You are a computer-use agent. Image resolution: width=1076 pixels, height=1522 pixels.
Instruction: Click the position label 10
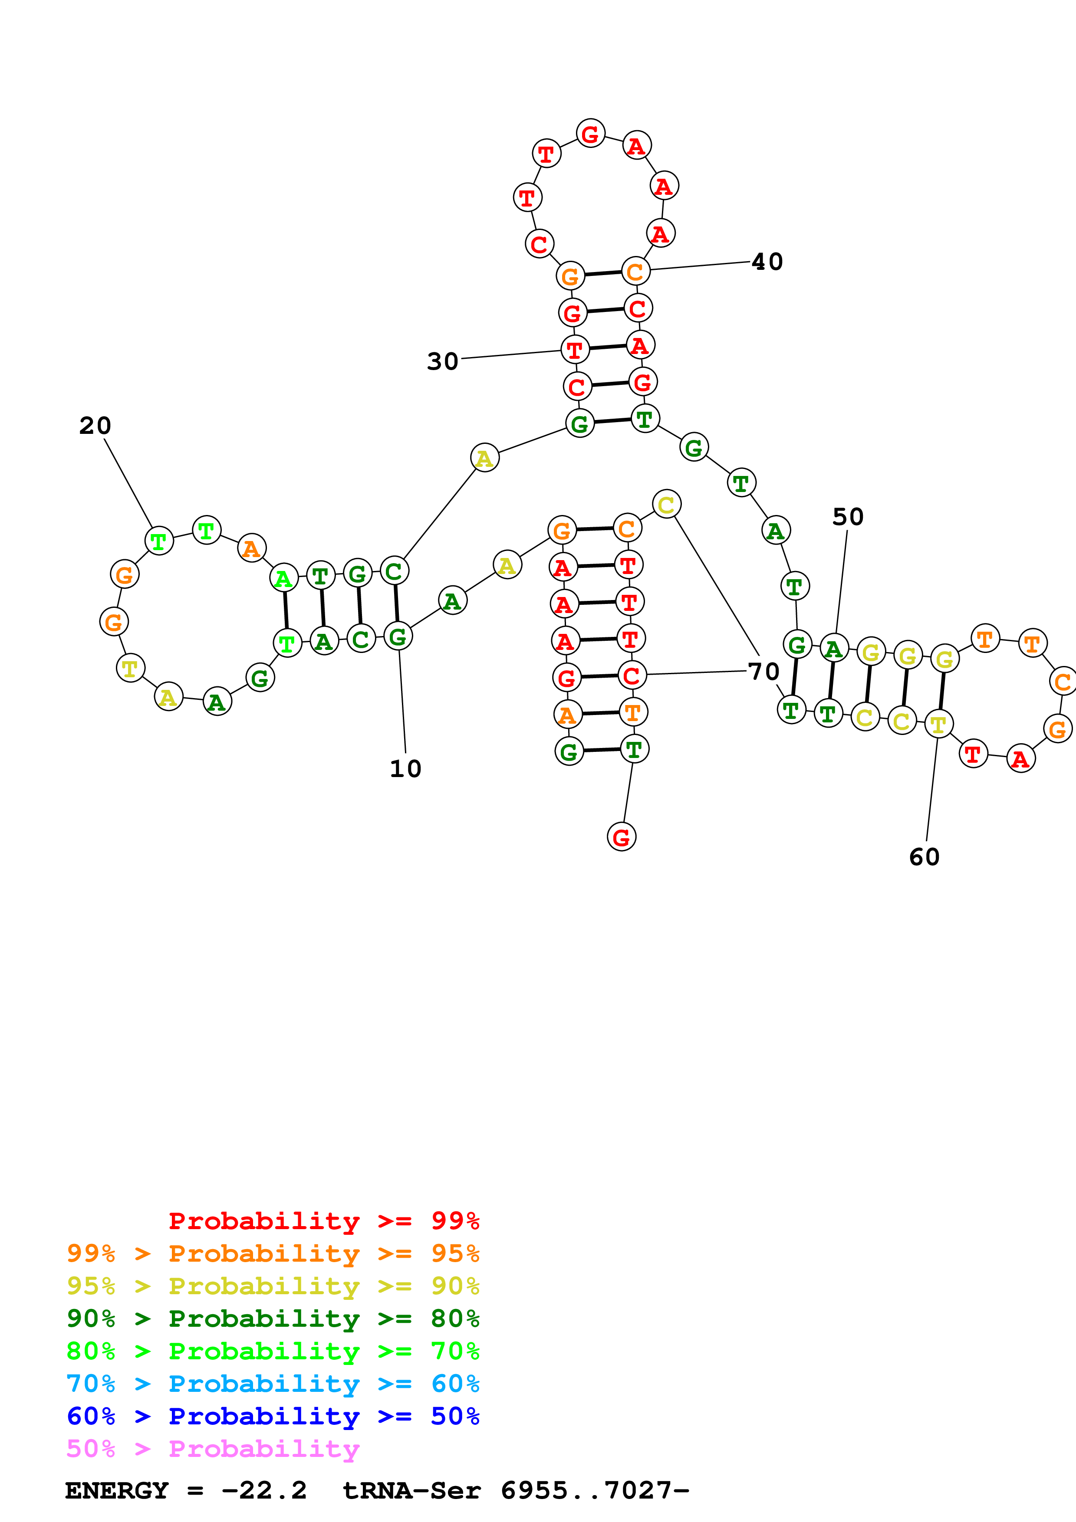[x=405, y=769]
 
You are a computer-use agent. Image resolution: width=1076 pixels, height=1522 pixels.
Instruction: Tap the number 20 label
[x=95, y=426]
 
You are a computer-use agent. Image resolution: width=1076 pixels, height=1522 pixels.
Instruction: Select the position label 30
[x=442, y=362]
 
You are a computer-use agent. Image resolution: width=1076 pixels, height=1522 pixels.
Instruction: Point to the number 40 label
[x=767, y=262]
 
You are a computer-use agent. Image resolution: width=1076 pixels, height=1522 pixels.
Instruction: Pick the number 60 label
[x=924, y=857]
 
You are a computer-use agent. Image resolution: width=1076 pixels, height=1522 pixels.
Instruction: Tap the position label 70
[x=763, y=672]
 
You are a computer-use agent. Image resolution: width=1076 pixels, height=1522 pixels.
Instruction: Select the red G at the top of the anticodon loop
[x=590, y=134]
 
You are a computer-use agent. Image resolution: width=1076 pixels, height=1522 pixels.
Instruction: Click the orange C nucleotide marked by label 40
[x=635, y=271]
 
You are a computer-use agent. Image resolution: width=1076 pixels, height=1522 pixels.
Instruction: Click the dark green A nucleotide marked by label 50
[x=834, y=648]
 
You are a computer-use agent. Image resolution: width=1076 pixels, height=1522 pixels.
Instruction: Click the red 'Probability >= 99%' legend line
[x=323, y=1221]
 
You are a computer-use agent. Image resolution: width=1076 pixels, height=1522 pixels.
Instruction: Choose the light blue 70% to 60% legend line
[x=273, y=1384]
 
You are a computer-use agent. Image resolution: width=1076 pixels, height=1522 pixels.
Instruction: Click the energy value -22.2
[x=264, y=1491]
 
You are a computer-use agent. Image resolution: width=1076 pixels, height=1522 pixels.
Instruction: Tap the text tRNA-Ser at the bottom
[x=411, y=1491]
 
